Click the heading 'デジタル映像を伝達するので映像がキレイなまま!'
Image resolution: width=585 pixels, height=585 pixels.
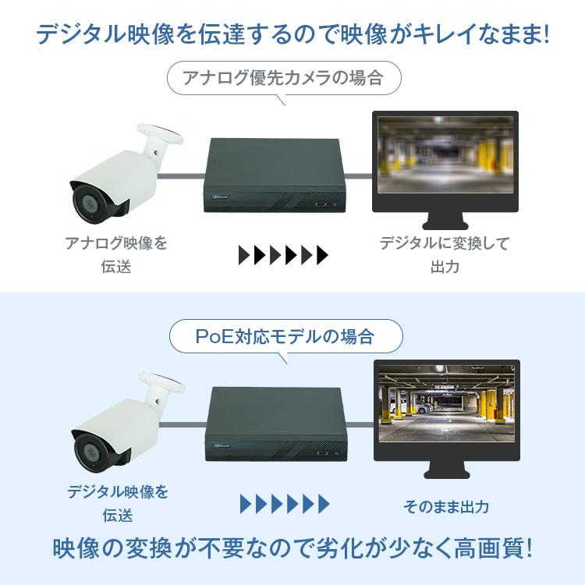pos(292,34)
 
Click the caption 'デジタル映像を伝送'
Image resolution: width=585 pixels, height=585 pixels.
pos(117,503)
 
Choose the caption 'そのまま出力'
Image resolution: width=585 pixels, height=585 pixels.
pos(446,506)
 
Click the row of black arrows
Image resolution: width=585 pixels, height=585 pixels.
pos(283,255)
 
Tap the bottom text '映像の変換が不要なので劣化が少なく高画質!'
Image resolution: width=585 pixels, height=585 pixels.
pos(292,548)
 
